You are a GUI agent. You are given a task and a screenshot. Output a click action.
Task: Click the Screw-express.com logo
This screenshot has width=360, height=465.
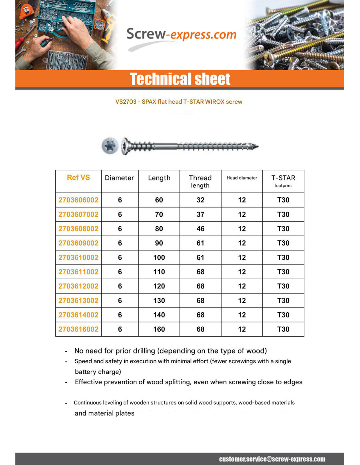coord(181,35)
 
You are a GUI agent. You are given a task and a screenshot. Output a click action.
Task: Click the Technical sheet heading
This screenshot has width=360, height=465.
coord(180,79)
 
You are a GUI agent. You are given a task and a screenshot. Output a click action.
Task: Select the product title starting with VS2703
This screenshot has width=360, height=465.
coord(179,102)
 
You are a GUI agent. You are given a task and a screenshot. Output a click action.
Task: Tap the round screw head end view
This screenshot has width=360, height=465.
coord(110,146)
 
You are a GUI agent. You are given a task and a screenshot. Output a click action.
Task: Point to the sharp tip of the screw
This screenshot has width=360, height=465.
coord(257,146)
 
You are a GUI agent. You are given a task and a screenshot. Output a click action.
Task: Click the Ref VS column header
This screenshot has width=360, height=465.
coord(78,178)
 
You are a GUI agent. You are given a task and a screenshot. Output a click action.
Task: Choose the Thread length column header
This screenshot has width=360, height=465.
coord(200,181)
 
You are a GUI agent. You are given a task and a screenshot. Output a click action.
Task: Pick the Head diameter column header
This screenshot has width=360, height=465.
coord(242,178)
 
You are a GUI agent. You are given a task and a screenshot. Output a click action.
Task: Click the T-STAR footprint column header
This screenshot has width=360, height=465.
coord(283,181)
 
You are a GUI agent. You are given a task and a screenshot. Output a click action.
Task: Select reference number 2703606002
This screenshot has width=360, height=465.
coord(78,200)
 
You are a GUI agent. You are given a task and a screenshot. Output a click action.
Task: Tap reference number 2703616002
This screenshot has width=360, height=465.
coord(78,329)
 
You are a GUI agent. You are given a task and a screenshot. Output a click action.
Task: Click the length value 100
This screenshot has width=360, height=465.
coord(159,258)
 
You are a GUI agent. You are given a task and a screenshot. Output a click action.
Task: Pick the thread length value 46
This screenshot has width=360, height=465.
coord(200,229)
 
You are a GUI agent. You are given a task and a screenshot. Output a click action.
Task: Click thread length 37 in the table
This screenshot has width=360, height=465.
coord(200,215)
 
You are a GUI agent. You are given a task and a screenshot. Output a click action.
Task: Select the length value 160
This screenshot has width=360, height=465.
coord(159,329)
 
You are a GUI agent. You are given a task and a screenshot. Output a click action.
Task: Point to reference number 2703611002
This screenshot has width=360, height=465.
coord(78,272)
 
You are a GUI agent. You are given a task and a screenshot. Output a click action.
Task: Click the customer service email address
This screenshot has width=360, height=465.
coord(272,459)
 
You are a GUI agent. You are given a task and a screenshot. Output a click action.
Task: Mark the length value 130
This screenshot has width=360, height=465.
coord(159,301)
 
